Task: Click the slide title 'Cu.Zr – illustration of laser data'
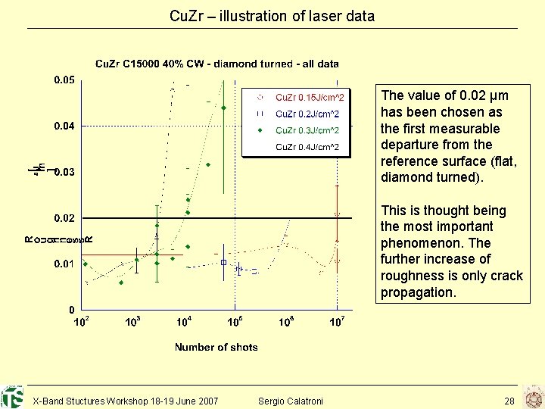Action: (272, 15)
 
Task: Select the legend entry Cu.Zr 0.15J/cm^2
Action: (309, 98)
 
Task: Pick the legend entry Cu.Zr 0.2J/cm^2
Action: (307, 114)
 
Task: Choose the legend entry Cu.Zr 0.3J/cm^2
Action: (307, 130)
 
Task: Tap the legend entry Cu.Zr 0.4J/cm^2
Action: (307, 147)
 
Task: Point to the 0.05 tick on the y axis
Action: (64, 80)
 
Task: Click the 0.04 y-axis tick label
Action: (64, 126)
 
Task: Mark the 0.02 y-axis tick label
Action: (64, 218)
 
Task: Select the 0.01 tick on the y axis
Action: (64, 264)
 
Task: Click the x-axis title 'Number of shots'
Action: (216, 348)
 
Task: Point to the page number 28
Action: (509, 400)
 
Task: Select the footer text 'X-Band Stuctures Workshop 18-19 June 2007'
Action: (126, 400)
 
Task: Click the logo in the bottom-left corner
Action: (11, 397)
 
